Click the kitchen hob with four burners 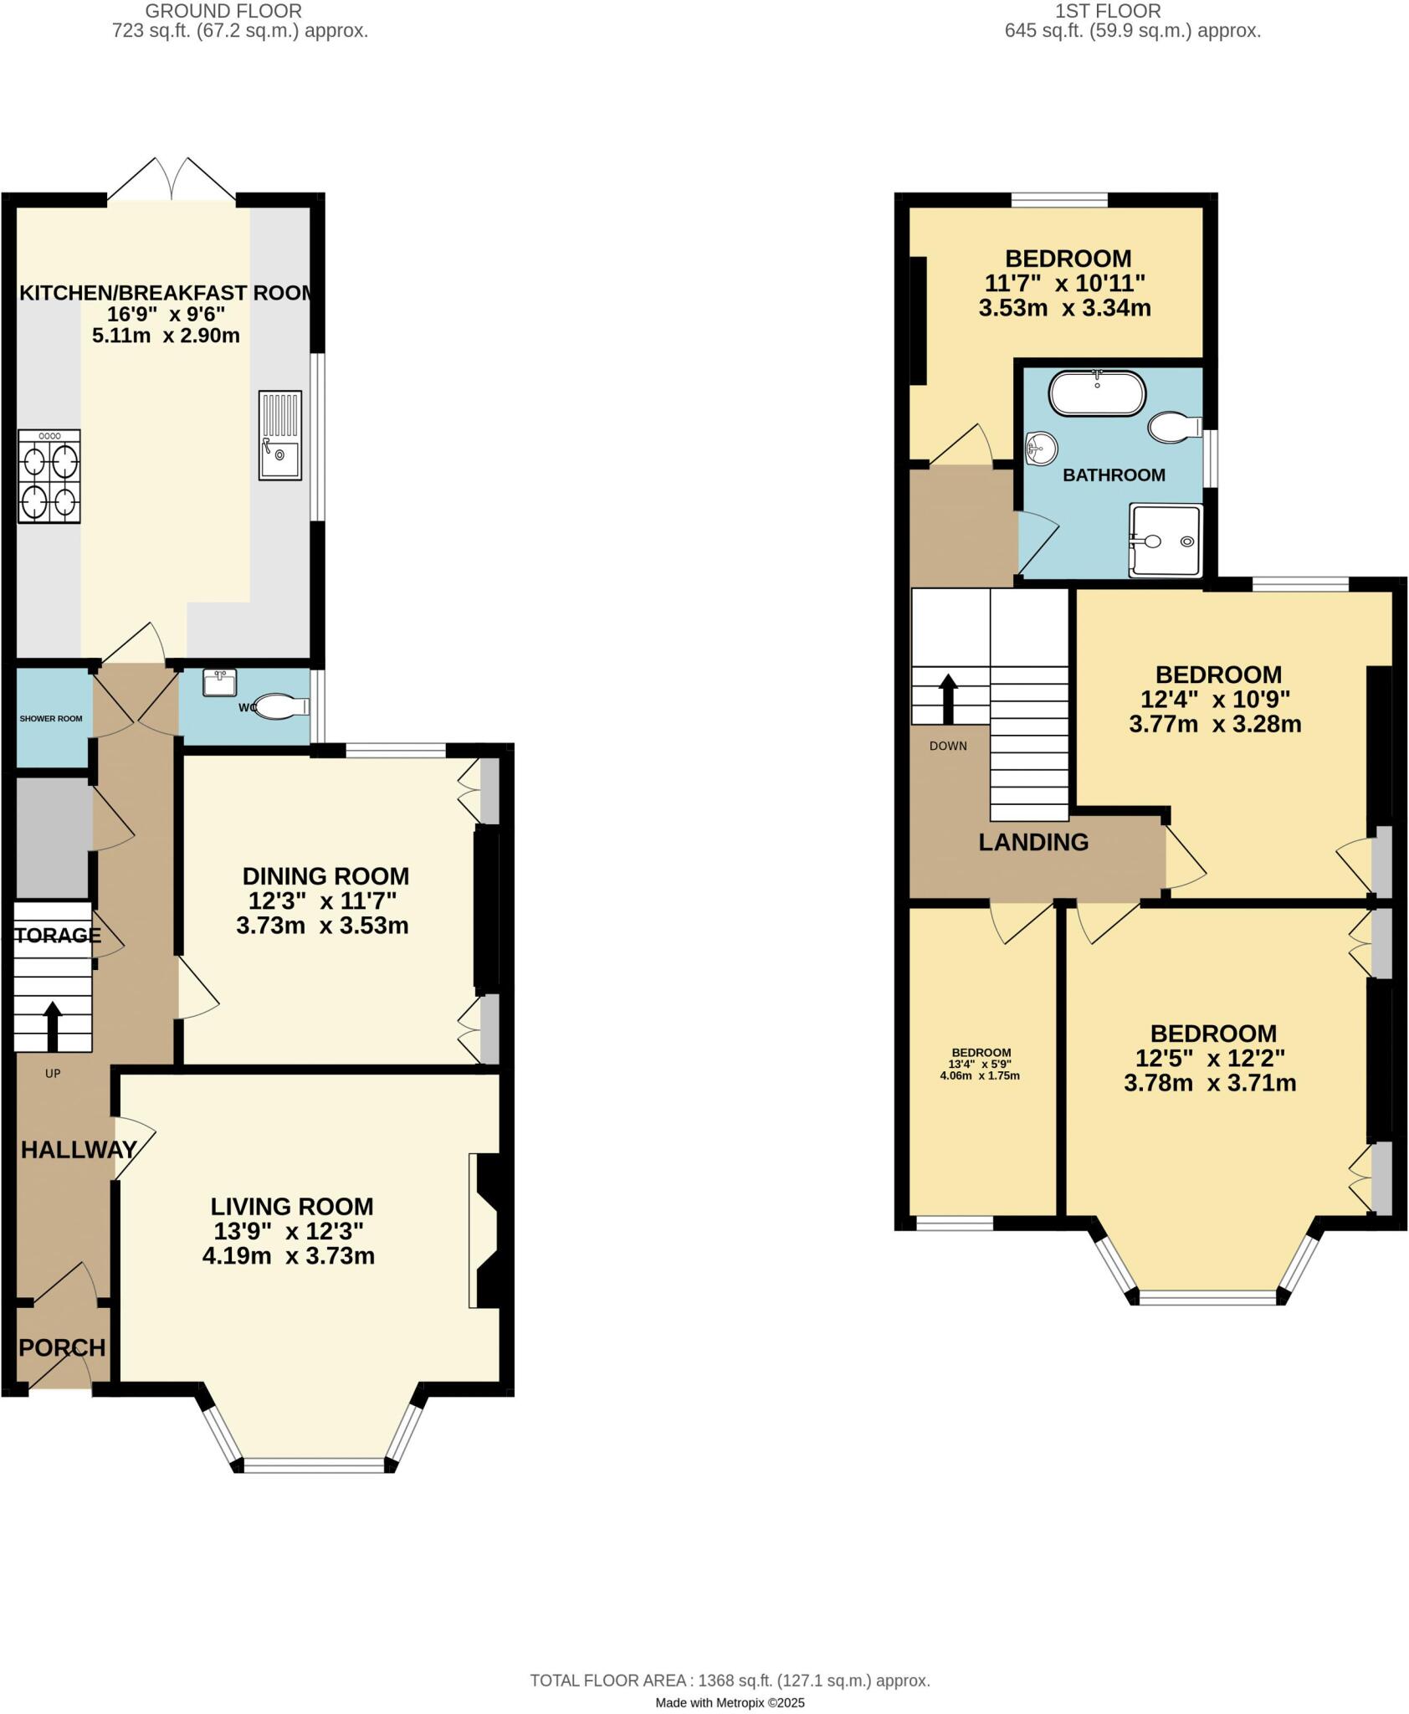pyautogui.click(x=49, y=476)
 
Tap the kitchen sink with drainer pyautogui.click(x=279, y=435)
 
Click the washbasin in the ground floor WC pyautogui.click(x=220, y=682)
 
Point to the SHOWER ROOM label pyautogui.click(x=51, y=719)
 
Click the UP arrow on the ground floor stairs pyautogui.click(x=53, y=1025)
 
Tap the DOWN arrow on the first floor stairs pyautogui.click(x=948, y=699)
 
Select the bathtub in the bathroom pyautogui.click(x=1096, y=393)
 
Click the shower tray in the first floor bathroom pyautogui.click(x=1165, y=541)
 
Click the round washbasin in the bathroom pyautogui.click(x=1040, y=448)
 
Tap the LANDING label pyautogui.click(x=1033, y=842)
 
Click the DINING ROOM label pyautogui.click(x=325, y=876)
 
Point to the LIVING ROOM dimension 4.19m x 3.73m pyautogui.click(x=289, y=1255)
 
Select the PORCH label pyautogui.click(x=63, y=1347)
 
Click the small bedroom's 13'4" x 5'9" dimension pyautogui.click(x=981, y=1065)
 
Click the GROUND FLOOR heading pyautogui.click(x=223, y=11)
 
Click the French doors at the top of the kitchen pyautogui.click(x=172, y=180)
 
